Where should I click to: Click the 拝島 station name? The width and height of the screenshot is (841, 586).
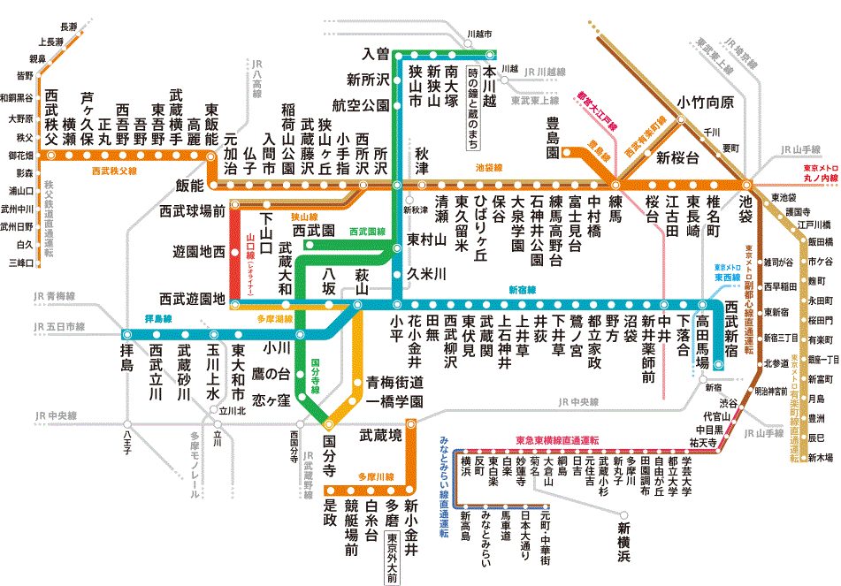[126, 365]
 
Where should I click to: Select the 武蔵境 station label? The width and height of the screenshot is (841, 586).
[380, 436]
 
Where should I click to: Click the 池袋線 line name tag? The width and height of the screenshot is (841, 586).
[488, 166]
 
